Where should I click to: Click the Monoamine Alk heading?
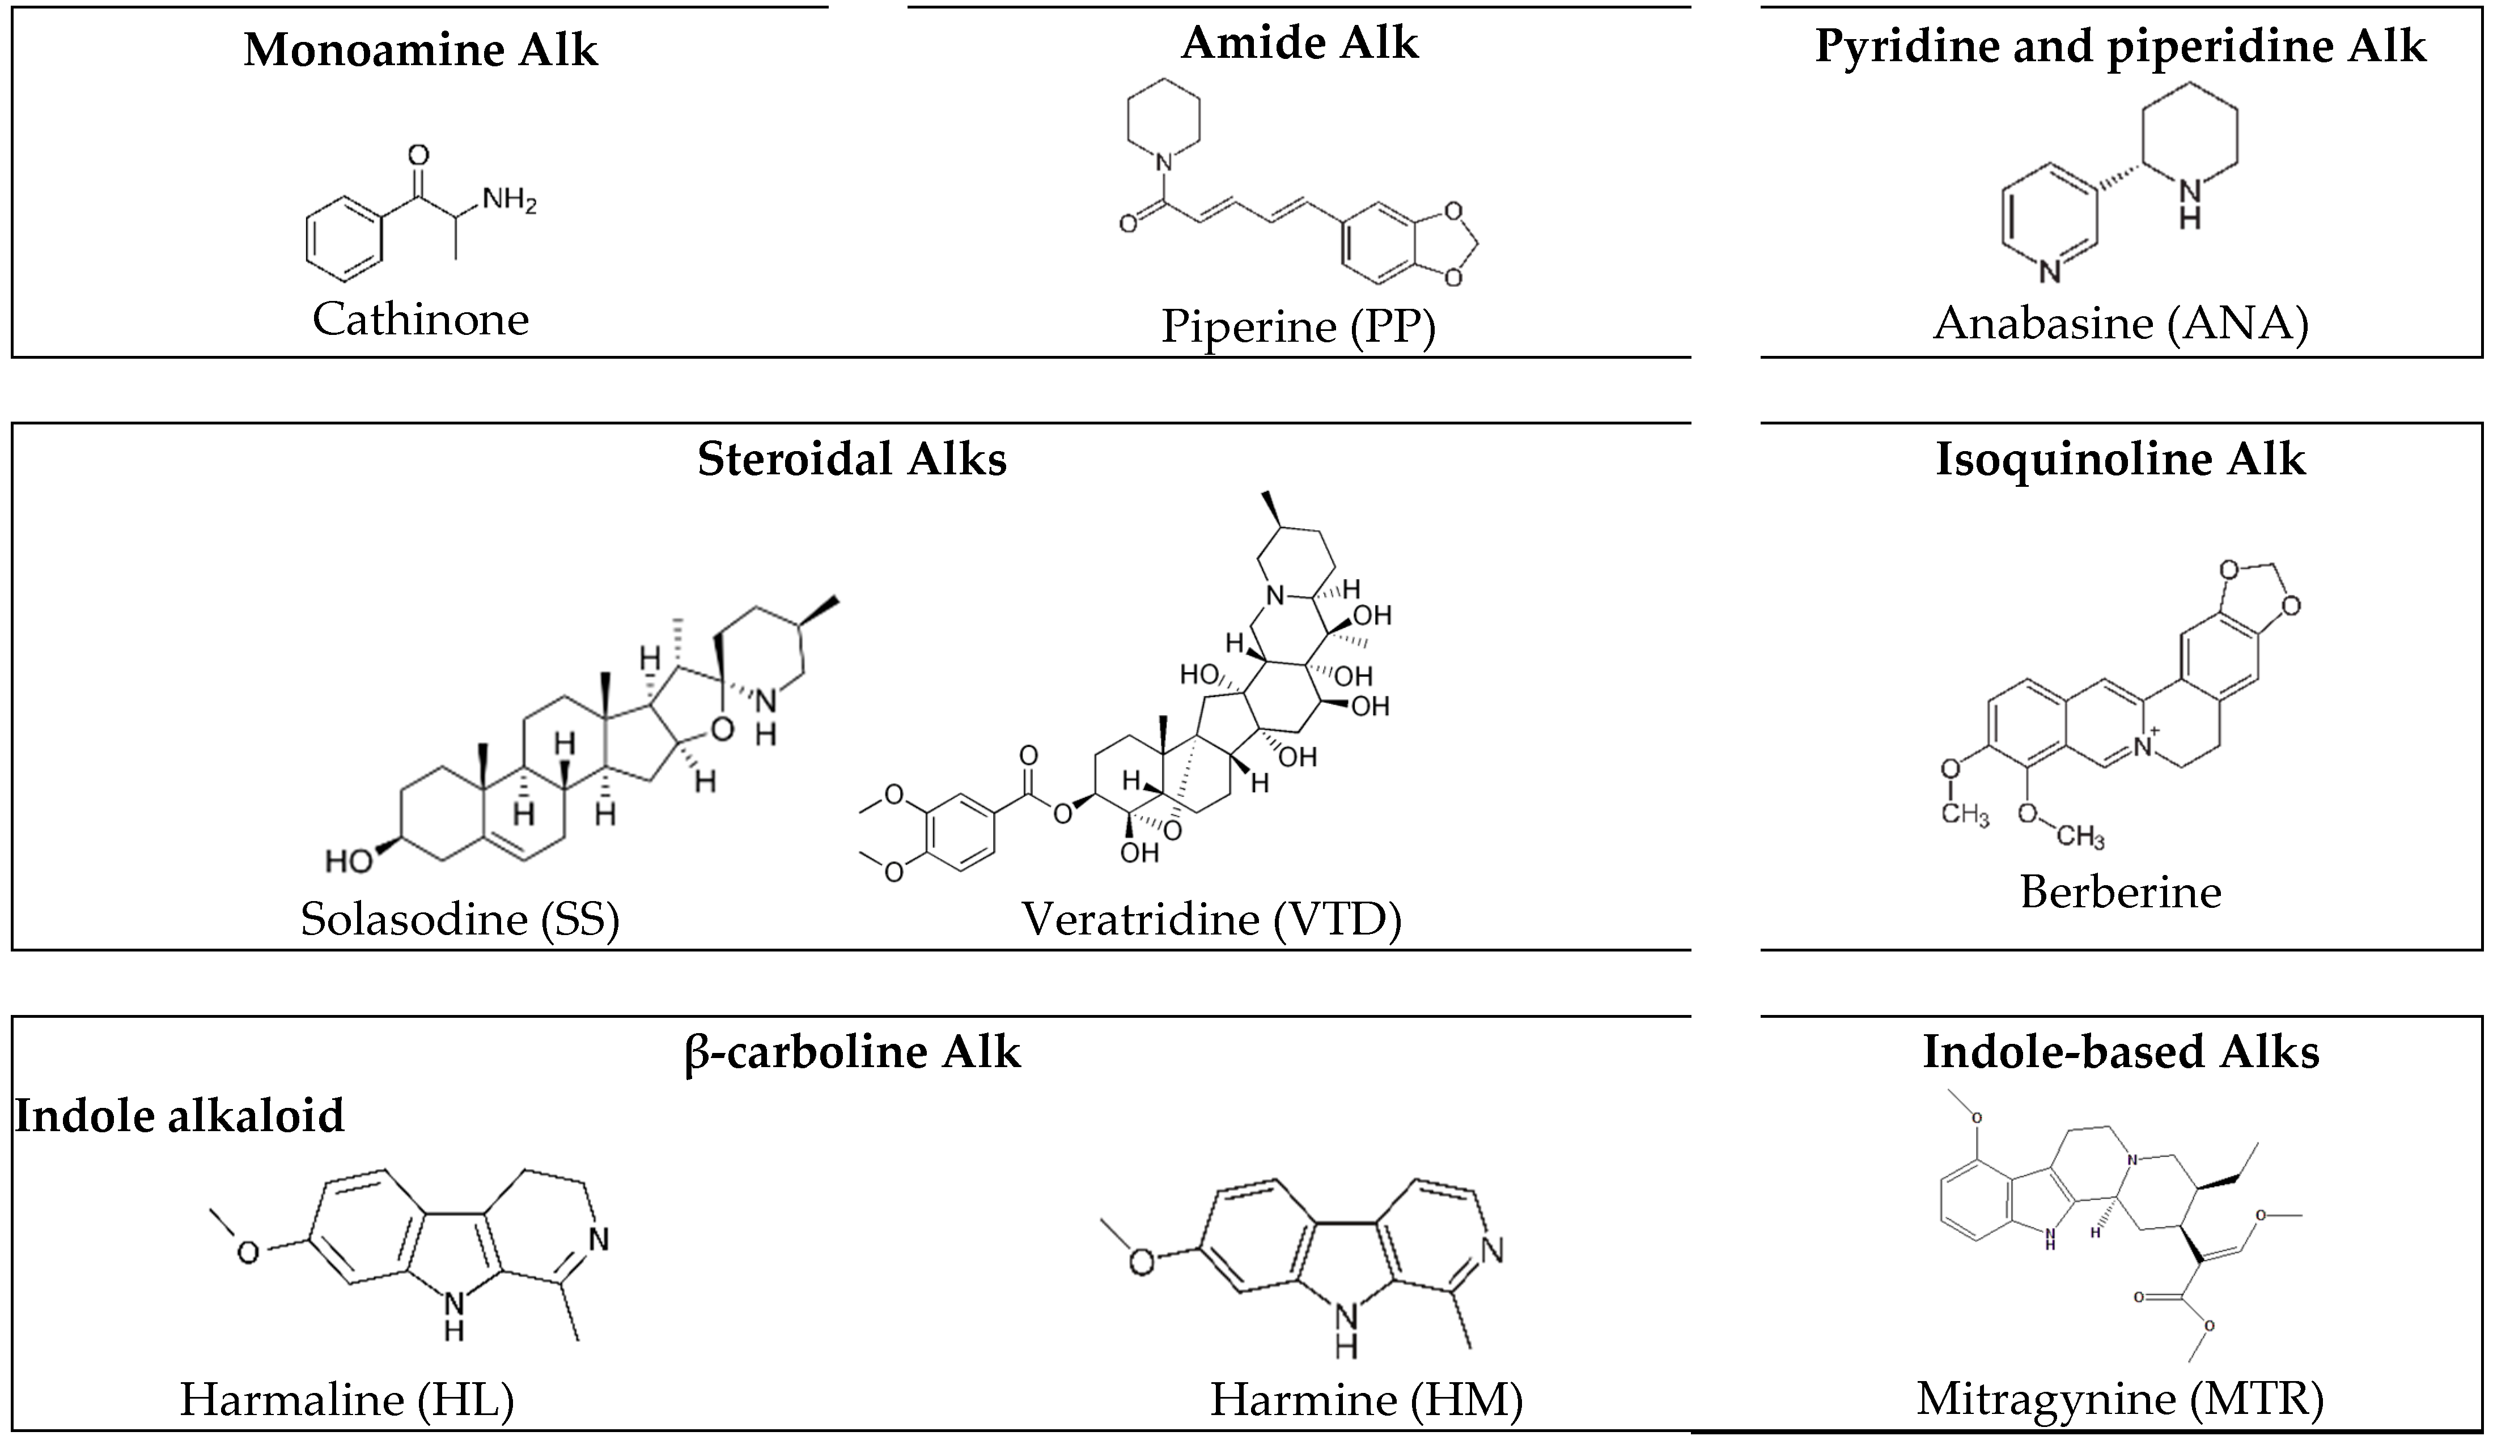[x=421, y=49]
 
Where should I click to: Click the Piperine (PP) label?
[x=1298, y=326]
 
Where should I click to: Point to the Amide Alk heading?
[x=1300, y=43]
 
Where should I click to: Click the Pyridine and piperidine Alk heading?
[x=2120, y=46]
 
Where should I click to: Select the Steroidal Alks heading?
[x=852, y=459]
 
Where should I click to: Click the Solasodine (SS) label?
[x=460, y=919]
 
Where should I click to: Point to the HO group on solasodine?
[x=348, y=861]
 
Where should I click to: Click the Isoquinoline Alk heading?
[x=2120, y=459]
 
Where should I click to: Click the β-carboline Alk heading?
[x=852, y=1051]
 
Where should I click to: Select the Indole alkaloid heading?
[x=179, y=1116]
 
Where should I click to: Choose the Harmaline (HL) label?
[x=346, y=1399]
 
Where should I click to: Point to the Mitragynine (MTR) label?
[x=2120, y=1399]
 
